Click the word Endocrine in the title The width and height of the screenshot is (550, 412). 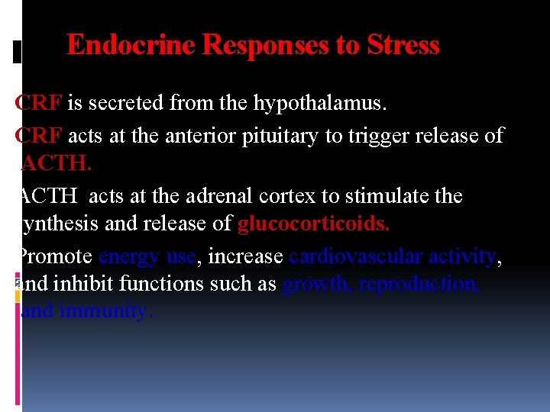click(131, 46)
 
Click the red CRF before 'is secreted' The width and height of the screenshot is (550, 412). click(39, 103)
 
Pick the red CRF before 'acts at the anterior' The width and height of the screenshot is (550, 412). click(39, 136)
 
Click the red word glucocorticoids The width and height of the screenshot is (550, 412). click(314, 224)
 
